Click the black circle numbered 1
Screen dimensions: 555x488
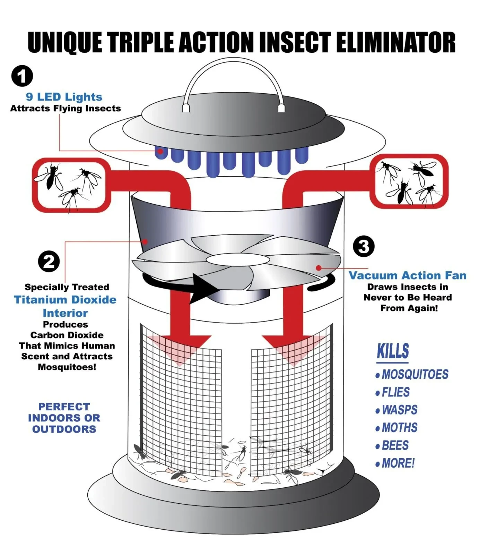click(x=22, y=76)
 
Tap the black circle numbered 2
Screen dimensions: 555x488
click(x=49, y=262)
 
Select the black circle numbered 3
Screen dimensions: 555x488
click(x=364, y=247)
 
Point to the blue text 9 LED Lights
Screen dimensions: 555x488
click(x=64, y=97)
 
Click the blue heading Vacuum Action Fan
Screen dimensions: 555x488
click(x=408, y=275)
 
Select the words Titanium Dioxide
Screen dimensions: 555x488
click(x=65, y=300)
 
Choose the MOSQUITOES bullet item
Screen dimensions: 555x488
click(x=415, y=374)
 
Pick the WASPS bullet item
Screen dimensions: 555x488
click(x=399, y=410)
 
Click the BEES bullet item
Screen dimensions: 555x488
click(x=395, y=445)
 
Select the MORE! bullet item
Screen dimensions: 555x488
click(x=398, y=463)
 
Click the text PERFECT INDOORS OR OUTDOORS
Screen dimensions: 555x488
click(x=64, y=418)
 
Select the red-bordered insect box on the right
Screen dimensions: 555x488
click(x=409, y=181)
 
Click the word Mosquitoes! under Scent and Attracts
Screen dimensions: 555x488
click(x=67, y=367)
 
